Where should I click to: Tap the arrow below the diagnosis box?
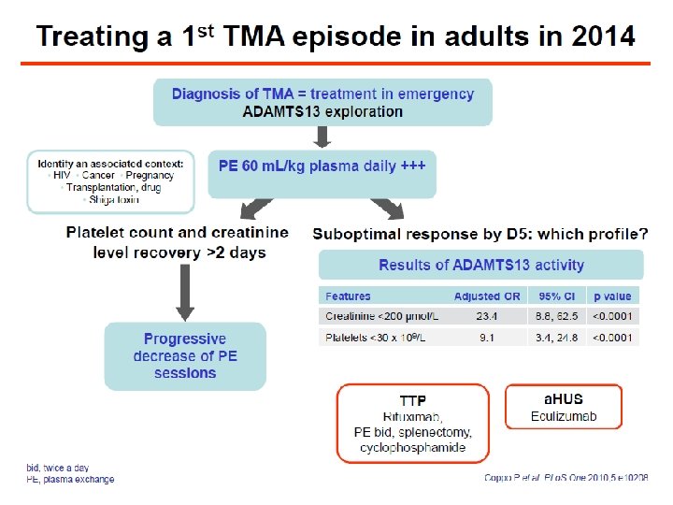[x=322, y=137]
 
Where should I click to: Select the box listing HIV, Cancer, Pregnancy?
[x=111, y=181]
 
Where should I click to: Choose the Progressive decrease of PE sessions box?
[x=185, y=355]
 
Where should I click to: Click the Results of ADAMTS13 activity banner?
[x=481, y=266]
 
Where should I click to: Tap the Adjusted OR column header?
[x=487, y=296]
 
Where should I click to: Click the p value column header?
[x=612, y=296]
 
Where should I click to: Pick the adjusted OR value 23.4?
[x=487, y=316]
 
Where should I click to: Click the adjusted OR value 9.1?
[x=487, y=337]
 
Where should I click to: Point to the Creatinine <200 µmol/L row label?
[x=381, y=316]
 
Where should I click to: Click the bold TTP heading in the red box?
[x=413, y=400]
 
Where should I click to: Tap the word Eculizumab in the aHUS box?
[x=564, y=415]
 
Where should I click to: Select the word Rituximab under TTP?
[x=413, y=416]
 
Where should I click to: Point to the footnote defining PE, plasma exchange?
[x=70, y=480]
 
